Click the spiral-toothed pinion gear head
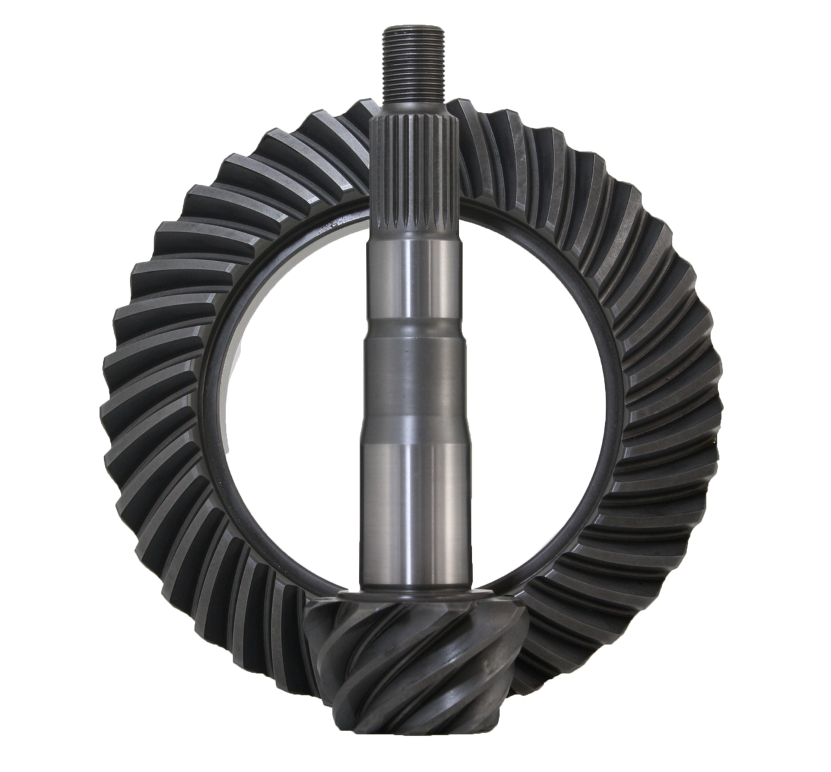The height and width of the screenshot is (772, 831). [415, 669]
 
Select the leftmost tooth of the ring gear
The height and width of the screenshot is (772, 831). [114, 416]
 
